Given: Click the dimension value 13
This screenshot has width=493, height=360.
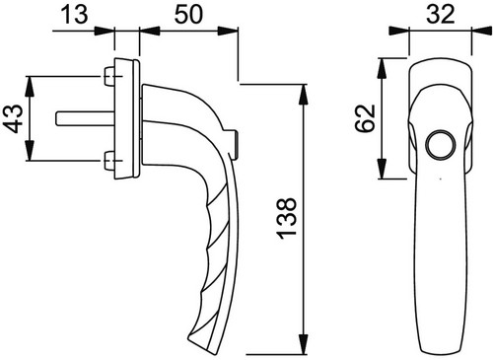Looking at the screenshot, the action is point(75,15).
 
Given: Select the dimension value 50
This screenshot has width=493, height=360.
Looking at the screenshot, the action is point(188,15).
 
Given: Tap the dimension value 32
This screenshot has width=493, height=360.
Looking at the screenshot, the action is point(441,14).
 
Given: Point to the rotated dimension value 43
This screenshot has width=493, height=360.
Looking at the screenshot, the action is point(14,118).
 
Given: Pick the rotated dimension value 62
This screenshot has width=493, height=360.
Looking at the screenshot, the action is point(365,118).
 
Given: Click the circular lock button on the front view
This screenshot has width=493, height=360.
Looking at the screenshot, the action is point(441,145).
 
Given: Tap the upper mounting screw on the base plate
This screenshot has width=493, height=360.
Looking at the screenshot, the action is point(109,76).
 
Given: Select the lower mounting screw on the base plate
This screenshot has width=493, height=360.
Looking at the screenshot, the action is point(109,161).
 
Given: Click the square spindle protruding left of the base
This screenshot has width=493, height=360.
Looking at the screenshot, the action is point(85,118).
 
